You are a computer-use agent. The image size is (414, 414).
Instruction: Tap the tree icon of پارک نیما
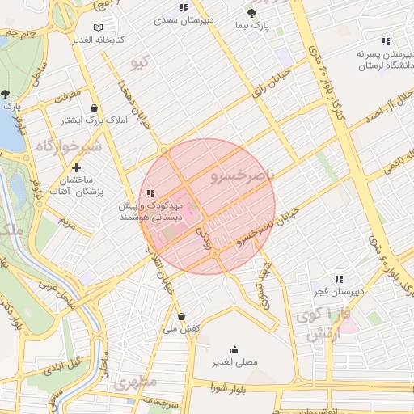tap(251, 13)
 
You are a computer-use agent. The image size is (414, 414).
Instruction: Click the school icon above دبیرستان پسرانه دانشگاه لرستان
tap(386, 41)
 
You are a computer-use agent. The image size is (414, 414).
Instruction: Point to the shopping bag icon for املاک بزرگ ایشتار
tap(95, 108)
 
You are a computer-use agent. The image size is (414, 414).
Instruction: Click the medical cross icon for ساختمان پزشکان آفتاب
tap(76, 167)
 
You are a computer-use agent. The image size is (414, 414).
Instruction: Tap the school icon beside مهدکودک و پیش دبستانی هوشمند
tap(150, 194)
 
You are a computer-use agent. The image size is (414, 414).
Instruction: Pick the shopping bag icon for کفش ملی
tap(180, 316)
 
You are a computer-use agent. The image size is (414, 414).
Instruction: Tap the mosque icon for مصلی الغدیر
tap(234, 349)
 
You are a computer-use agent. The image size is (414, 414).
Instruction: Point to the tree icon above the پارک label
tap(6, 94)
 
